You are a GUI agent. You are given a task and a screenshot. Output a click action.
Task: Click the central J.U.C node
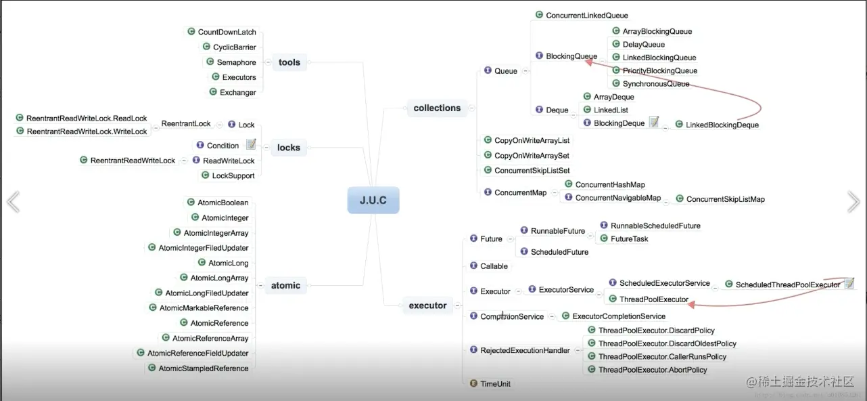click(x=373, y=200)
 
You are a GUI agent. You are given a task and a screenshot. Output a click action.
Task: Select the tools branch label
click(x=289, y=62)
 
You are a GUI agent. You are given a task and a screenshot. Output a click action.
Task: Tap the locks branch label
click(x=288, y=148)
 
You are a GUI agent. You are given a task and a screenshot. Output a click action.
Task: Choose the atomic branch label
click(x=285, y=285)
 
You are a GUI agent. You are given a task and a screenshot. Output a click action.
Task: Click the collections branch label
click(x=437, y=108)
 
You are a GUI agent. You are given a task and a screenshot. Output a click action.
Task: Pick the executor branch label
click(x=427, y=305)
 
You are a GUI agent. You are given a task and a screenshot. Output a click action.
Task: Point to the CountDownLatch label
click(x=227, y=32)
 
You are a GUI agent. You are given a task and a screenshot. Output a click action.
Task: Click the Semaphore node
click(x=236, y=62)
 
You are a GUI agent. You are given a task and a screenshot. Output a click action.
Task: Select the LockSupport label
click(x=233, y=175)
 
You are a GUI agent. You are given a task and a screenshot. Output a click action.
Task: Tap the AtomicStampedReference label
click(x=203, y=368)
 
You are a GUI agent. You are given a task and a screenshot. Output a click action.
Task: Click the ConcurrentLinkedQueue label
click(x=587, y=16)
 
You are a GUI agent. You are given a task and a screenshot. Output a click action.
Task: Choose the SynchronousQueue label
click(x=656, y=84)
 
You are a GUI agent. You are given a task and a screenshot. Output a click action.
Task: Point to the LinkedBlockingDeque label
click(x=722, y=125)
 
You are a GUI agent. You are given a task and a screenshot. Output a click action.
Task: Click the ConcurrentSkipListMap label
click(x=725, y=199)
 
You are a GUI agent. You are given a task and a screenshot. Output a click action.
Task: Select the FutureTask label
click(x=629, y=238)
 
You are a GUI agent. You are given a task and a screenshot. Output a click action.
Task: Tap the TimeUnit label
click(x=495, y=384)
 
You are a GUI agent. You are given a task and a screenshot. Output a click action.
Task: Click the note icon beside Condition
click(x=251, y=144)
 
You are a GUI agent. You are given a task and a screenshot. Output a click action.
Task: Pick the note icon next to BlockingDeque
click(x=654, y=122)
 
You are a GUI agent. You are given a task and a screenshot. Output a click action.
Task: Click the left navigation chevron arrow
click(x=13, y=201)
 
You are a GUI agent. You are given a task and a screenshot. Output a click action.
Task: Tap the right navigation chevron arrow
click(x=853, y=201)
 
